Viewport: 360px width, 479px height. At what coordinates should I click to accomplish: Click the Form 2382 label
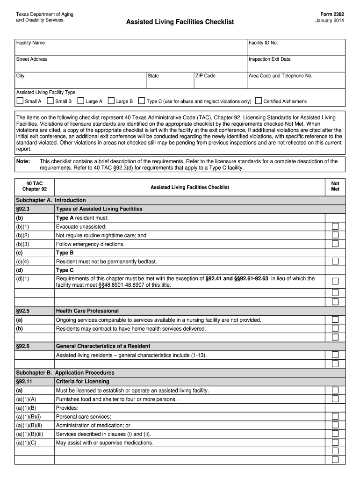coord(333,15)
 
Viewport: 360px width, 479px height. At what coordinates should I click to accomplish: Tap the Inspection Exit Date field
coord(295,64)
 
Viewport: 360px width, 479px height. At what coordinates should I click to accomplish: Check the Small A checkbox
coord(20,101)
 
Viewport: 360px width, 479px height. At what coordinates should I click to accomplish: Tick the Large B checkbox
coord(111,101)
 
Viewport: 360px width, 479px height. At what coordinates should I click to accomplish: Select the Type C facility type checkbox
coord(142,101)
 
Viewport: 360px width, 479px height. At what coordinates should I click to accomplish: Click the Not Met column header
coord(335,187)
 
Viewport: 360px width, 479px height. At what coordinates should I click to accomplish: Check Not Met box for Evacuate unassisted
coord(335,226)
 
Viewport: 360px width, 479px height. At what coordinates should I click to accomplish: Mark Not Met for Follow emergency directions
coord(335,244)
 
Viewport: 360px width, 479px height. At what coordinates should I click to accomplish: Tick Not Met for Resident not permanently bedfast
coord(335,261)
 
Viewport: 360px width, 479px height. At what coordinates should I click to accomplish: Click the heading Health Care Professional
coord(87,311)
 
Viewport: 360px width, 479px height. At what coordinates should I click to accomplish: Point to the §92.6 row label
coord(23,346)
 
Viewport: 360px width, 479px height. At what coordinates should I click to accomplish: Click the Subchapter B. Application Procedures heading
coord(65,373)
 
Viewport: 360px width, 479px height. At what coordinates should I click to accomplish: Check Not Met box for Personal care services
coord(335,416)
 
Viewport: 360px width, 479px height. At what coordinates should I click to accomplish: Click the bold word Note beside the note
coord(23,161)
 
